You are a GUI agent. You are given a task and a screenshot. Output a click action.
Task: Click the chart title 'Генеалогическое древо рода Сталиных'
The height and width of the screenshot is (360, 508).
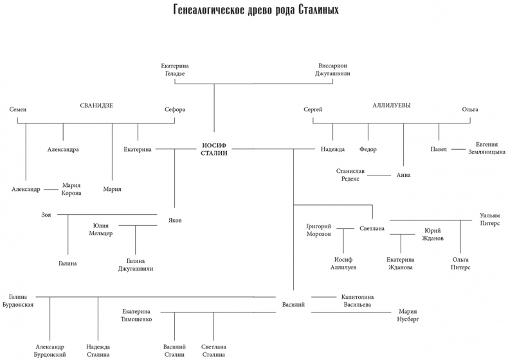click(255, 11)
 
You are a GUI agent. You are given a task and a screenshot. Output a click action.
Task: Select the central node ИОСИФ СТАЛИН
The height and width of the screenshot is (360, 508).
click(215, 149)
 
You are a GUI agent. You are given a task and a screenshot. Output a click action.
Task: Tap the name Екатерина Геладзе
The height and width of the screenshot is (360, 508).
click(174, 69)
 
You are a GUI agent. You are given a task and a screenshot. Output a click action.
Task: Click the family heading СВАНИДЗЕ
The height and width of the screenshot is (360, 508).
click(96, 106)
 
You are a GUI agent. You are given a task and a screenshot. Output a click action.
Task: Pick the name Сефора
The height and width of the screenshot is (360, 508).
click(175, 110)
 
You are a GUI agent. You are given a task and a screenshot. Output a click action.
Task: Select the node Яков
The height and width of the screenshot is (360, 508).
click(174, 220)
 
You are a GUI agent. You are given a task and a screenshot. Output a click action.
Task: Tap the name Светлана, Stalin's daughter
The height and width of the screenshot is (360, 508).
click(372, 228)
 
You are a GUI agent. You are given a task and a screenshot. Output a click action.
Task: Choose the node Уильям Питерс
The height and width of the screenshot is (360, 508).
click(489, 219)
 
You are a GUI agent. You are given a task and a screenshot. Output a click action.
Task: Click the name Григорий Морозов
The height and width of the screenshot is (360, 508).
click(319, 230)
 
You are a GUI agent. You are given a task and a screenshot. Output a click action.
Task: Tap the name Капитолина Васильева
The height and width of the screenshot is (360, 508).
click(358, 301)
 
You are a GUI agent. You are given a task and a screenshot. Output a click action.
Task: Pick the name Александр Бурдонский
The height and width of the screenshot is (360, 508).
click(50, 350)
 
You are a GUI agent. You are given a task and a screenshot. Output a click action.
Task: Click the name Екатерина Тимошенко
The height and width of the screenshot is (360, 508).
click(136, 314)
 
